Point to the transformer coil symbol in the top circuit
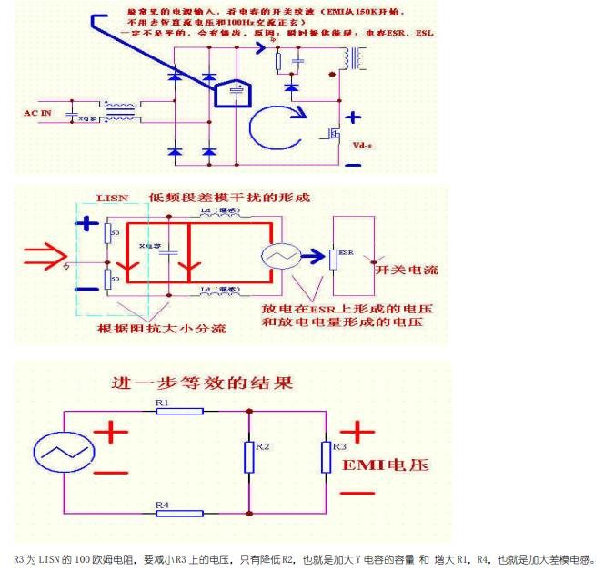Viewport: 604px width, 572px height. (x=352, y=56)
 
